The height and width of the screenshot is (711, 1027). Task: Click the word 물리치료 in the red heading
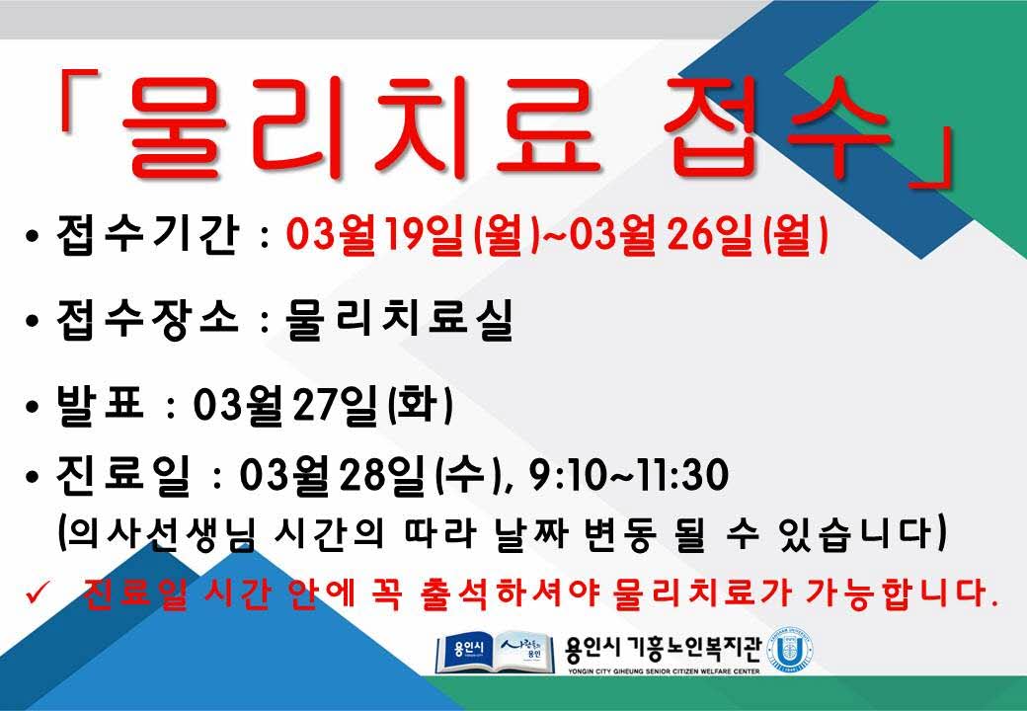(x=362, y=127)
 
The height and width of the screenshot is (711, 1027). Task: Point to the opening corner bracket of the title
(x=77, y=99)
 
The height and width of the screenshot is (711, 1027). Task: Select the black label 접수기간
(x=147, y=235)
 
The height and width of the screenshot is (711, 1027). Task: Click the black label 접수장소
(x=147, y=320)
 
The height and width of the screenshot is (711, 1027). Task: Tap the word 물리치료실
(x=399, y=320)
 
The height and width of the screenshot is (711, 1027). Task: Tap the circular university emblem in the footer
(x=791, y=651)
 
